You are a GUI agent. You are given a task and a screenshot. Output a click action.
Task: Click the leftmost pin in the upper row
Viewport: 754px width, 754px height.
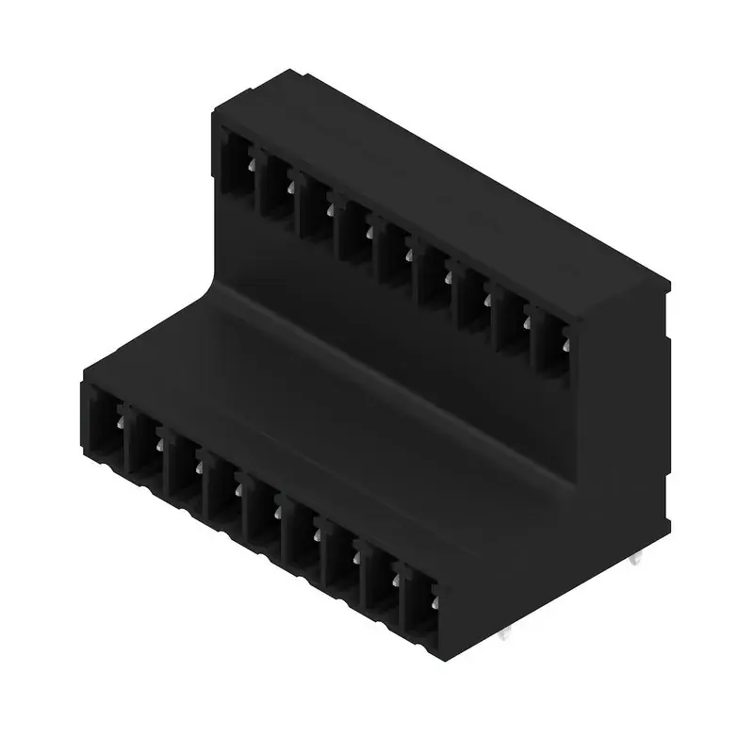point(252,165)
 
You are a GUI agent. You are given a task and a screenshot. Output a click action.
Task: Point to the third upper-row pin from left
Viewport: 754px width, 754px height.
point(330,209)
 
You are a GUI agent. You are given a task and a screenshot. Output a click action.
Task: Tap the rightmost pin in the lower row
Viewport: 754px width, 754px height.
point(435,598)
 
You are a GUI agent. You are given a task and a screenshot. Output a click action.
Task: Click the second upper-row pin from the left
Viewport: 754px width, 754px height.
point(290,187)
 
